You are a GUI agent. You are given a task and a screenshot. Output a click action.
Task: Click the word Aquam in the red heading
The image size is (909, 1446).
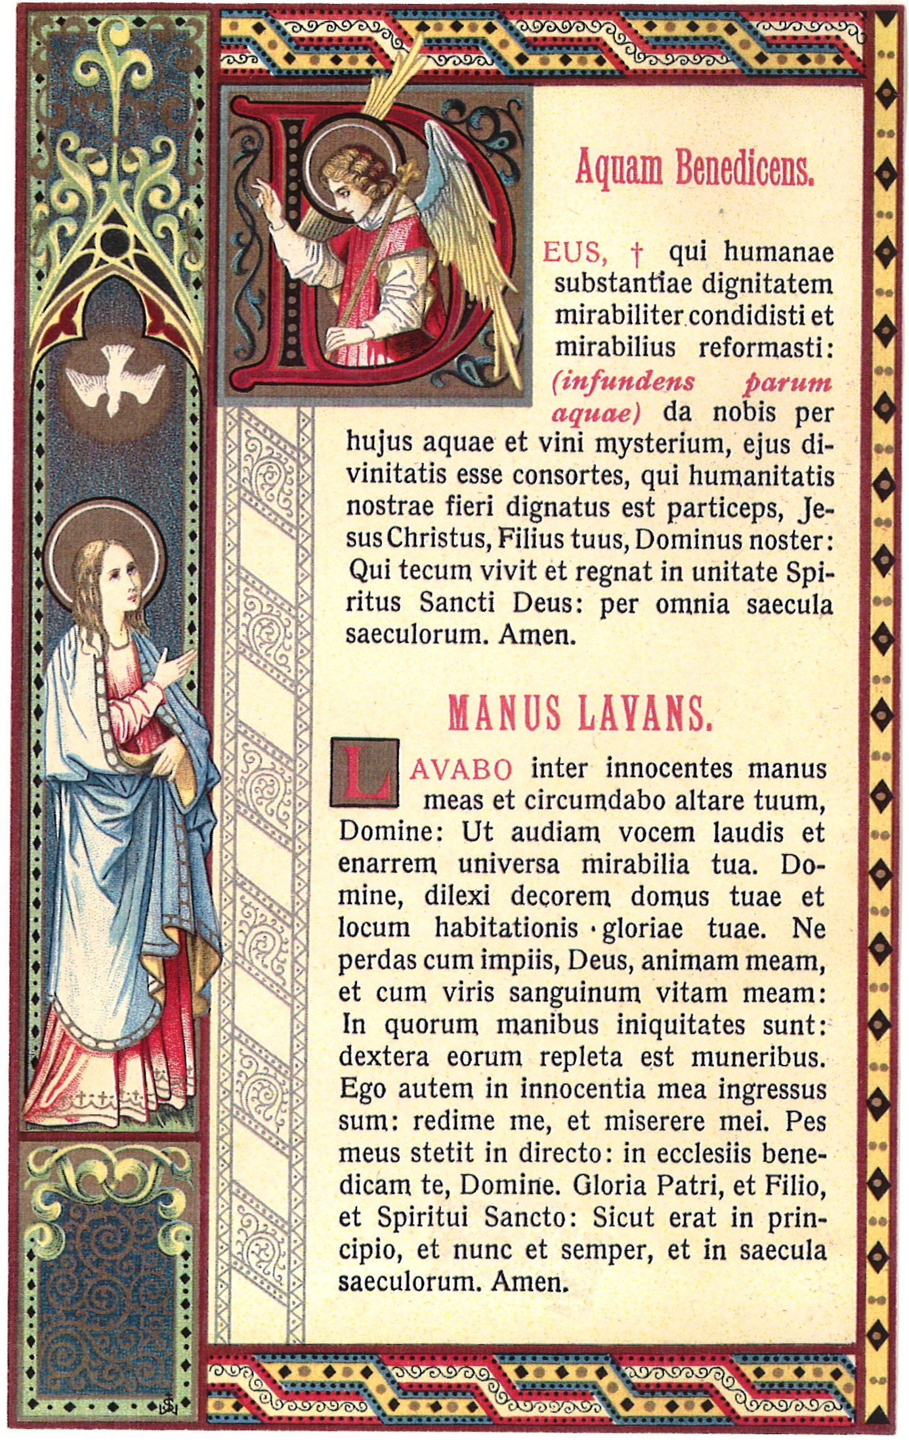[619, 168]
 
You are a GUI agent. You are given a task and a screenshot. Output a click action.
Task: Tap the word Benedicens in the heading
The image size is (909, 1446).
[744, 168]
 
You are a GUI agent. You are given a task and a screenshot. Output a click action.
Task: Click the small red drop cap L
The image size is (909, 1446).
[365, 772]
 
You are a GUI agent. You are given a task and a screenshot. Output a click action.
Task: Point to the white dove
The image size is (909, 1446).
[115, 384]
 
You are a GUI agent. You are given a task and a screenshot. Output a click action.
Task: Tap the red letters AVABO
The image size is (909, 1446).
[461, 770]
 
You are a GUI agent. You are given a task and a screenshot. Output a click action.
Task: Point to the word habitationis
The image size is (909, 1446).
[506, 928]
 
